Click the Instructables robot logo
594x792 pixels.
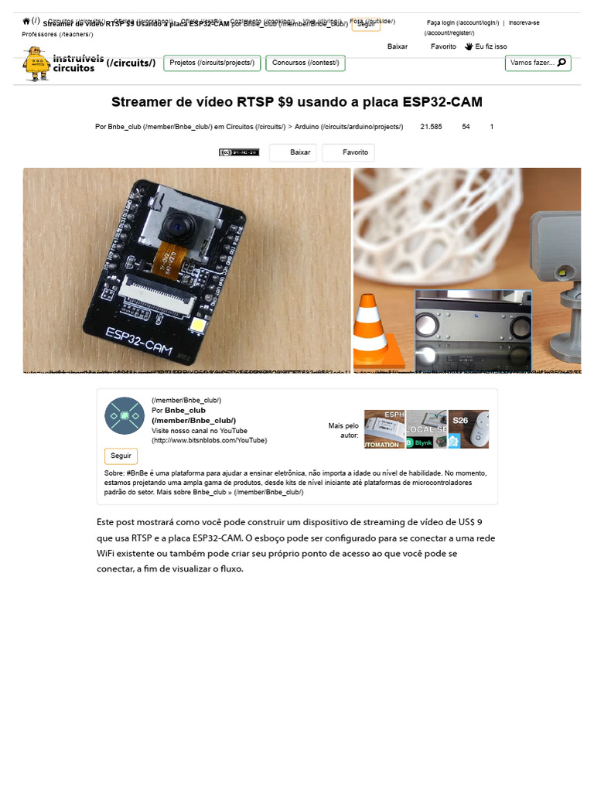[36, 63]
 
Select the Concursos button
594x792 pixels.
[305, 63]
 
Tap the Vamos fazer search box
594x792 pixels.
[538, 63]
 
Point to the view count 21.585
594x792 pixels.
[431, 125]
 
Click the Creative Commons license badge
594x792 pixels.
[239, 152]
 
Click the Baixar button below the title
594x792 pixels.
[300, 152]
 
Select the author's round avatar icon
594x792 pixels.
[124, 415]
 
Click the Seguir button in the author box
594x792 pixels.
[121, 456]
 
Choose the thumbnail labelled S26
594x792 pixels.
[468, 429]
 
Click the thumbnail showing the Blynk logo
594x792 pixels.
[426, 429]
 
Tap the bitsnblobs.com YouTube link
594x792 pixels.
[209, 440]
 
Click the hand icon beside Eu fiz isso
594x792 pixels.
[469, 46]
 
